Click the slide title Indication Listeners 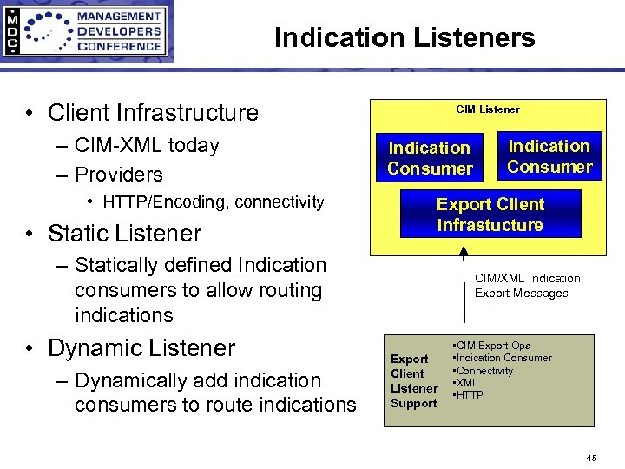click(405, 37)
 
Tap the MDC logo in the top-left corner click(87, 31)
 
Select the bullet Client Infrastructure click(153, 113)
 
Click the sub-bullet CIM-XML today click(147, 145)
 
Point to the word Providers click(119, 175)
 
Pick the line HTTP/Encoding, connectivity click(213, 202)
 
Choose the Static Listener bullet click(124, 233)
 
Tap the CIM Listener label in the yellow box click(488, 109)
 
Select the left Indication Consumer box click(430, 158)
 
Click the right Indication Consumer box click(549, 156)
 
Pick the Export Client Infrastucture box click(490, 215)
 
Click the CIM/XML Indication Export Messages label click(527, 286)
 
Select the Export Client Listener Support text click(413, 381)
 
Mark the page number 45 click(591, 457)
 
